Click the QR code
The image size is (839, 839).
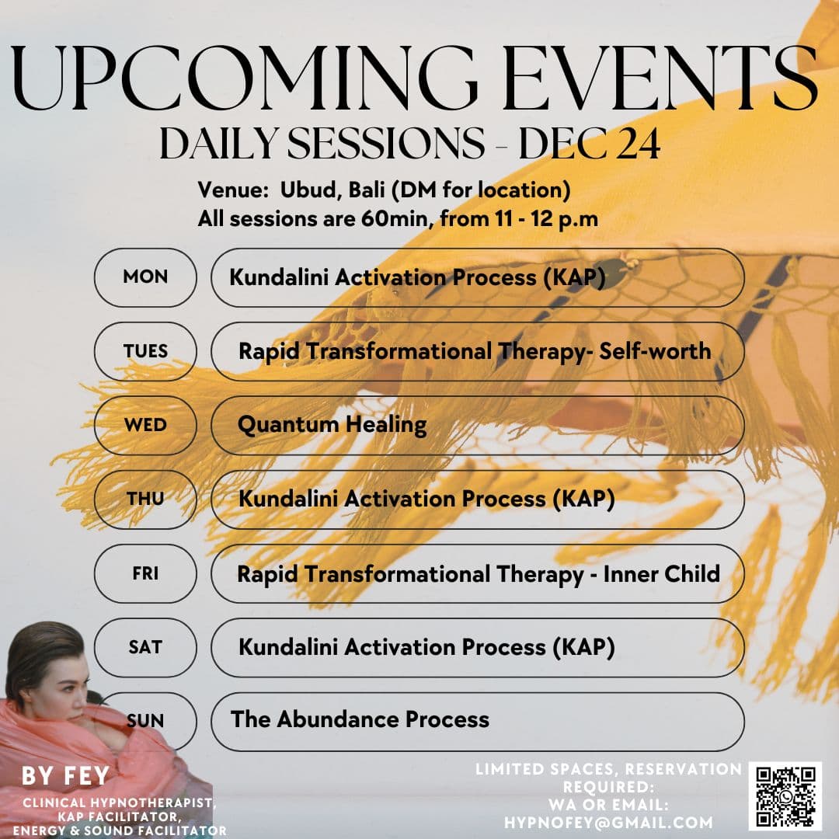pos(785,795)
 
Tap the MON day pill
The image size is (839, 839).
pos(145,277)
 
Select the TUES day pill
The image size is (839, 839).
pos(145,351)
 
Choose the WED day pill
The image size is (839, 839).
pos(145,425)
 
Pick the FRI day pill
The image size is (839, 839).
pos(145,574)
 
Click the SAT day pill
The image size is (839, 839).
pos(145,647)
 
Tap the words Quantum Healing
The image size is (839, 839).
pos(332,425)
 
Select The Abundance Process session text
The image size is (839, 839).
pos(360,719)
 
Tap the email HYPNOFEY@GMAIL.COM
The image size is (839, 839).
pos(608,822)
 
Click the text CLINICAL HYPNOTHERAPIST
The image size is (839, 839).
pos(118,802)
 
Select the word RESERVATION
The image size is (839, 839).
pos(682,770)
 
